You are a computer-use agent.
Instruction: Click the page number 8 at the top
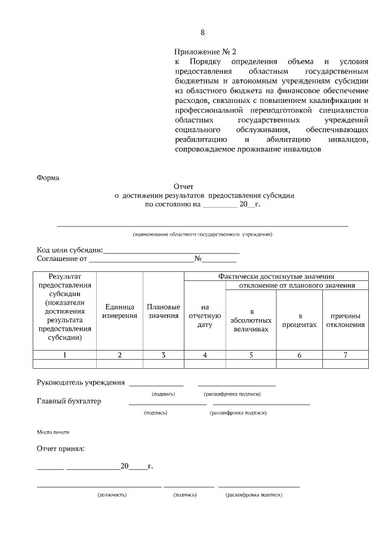point(203,32)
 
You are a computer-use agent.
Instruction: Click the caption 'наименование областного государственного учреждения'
point(203,234)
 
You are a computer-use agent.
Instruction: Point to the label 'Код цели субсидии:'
point(70,250)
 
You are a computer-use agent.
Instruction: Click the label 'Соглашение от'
point(62,259)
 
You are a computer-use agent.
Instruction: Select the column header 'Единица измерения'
point(120,311)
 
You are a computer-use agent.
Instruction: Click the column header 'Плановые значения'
point(163,311)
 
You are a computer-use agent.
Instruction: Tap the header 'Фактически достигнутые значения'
point(276,276)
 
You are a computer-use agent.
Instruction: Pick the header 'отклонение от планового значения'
point(296,285)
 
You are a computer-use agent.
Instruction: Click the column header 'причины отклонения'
point(345,320)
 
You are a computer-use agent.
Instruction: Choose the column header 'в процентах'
point(299,320)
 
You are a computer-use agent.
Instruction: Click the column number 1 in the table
point(64,355)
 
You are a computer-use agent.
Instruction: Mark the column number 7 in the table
point(345,355)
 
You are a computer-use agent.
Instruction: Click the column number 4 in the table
point(205,355)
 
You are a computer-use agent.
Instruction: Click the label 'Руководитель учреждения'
point(81,383)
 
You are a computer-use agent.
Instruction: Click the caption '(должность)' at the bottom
point(112,495)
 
